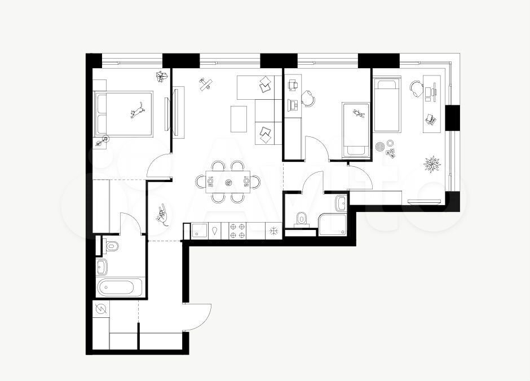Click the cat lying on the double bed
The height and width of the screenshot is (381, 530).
[x=138, y=110]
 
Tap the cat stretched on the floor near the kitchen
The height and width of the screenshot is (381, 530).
[x=162, y=214]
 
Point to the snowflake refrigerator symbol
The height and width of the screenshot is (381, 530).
[x=273, y=231]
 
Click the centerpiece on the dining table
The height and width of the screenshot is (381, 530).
[x=228, y=183]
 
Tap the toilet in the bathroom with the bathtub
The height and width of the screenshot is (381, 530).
[x=111, y=246]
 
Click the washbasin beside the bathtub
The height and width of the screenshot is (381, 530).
[x=101, y=267]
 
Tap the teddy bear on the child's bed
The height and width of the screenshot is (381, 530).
[x=359, y=113]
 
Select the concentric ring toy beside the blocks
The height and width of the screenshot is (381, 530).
[x=380, y=147]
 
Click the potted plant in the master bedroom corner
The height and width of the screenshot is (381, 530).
[x=162, y=76]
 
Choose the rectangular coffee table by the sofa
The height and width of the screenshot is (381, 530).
[x=238, y=119]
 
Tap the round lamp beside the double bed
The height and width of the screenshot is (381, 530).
[x=105, y=139]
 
